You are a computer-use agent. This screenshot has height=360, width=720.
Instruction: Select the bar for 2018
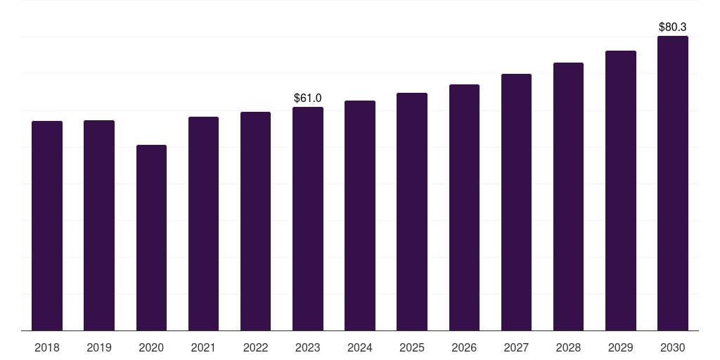coord(47,226)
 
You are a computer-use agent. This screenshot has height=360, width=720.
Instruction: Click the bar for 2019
coord(98,226)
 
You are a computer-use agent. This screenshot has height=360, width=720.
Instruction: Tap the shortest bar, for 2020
coord(152,238)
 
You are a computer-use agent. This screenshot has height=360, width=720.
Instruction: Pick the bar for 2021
coord(203,224)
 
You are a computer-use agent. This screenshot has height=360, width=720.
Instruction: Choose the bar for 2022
coord(255,221)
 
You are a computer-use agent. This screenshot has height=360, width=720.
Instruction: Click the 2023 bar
coord(308,219)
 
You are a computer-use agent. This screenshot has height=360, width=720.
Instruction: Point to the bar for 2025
coord(412,212)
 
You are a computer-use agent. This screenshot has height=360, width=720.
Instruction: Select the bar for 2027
coord(516,202)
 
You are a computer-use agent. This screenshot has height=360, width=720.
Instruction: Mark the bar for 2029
coord(621,191)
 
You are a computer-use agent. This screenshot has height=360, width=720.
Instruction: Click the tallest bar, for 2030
coord(673,184)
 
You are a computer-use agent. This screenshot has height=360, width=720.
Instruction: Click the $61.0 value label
coord(308,98)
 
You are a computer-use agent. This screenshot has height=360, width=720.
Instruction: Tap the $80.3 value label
coord(673,27)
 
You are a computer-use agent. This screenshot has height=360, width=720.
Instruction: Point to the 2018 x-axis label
coord(47,347)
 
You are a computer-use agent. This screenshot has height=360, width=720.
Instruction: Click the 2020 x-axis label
coord(151,347)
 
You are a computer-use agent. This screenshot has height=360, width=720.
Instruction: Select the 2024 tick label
coord(359,347)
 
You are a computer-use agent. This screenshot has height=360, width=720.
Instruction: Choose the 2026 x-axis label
coord(464,347)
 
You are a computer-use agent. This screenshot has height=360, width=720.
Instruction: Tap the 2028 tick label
coord(568,347)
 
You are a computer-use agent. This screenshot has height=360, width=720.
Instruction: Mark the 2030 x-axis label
coord(673,347)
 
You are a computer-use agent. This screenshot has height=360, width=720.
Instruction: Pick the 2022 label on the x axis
coord(255,347)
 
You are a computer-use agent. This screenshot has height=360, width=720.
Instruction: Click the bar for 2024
coord(360,215)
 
